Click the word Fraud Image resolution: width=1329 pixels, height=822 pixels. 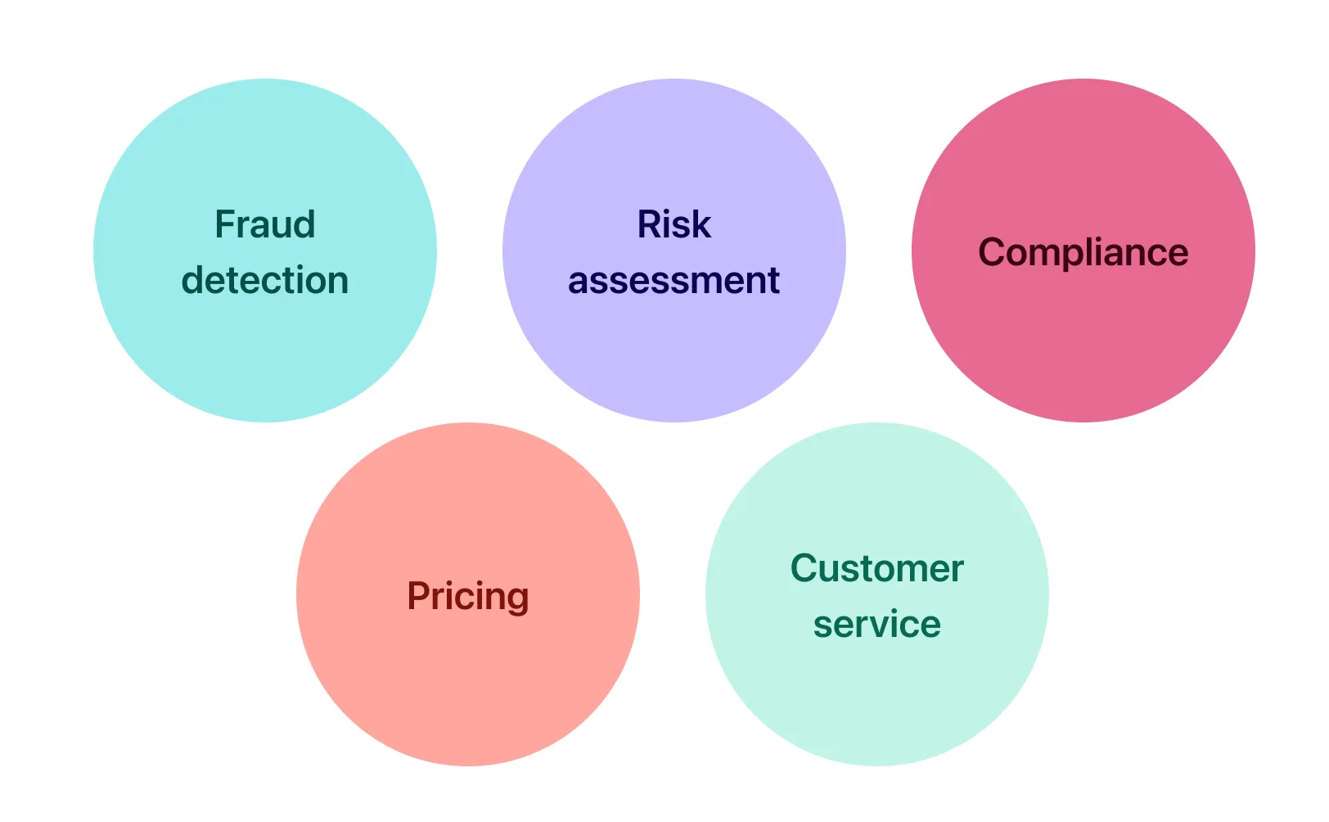point(264,224)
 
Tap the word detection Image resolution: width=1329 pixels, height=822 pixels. point(264,280)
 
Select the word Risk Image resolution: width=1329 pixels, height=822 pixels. point(674,224)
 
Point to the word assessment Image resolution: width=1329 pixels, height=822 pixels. point(674,281)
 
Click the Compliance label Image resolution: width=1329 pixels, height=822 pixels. point(1083,252)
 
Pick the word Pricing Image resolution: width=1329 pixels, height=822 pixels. point(467,596)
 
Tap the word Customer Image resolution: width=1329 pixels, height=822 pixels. point(876,568)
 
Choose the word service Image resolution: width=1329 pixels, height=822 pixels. point(876,625)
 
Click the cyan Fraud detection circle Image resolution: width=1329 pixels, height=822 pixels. point(264,360)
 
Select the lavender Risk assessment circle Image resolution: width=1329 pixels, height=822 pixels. point(674,360)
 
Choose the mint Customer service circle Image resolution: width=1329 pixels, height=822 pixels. point(876,704)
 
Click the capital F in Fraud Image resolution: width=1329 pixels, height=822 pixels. point(224,224)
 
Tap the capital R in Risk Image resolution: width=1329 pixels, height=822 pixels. point(649,224)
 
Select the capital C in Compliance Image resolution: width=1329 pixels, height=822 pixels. point(992,252)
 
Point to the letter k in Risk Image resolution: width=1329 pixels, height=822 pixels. point(702,224)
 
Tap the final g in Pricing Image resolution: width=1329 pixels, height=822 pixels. point(516,599)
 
